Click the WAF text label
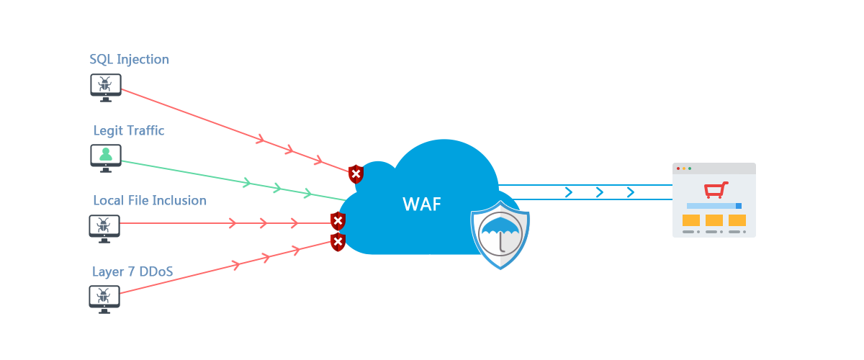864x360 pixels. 422,204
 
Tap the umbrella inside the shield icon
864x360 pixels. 500,233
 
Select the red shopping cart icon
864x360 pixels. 716,189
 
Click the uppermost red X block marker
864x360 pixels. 356,174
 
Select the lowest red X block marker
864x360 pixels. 338,243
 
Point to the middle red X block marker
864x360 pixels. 338,221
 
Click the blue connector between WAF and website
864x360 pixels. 600,192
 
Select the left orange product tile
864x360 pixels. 691,220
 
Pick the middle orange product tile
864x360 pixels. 714,220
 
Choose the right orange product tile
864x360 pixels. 737,220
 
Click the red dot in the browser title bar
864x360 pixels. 678,168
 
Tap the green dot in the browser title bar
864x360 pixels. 690,168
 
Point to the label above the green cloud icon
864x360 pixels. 128,131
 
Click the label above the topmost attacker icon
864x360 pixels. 130,60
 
